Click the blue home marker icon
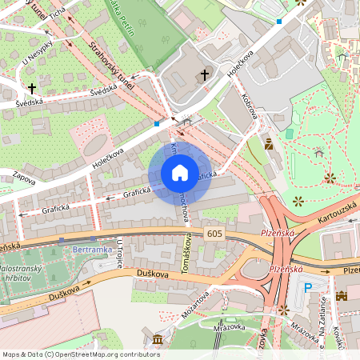click(x=180, y=173)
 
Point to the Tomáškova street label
click(x=188, y=254)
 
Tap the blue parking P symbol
click(x=308, y=288)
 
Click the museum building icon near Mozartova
click(x=157, y=342)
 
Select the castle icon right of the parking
click(x=342, y=295)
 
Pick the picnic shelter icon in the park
click(x=318, y=152)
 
